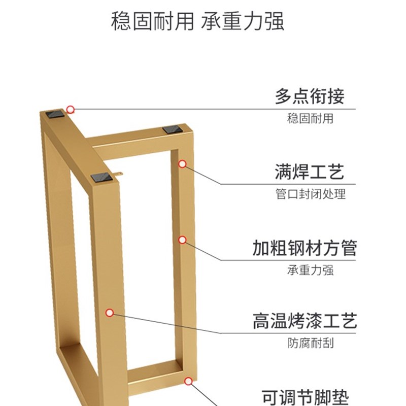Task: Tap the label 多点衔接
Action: pyautogui.click(x=310, y=96)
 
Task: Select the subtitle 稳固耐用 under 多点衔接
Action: pyautogui.click(x=310, y=119)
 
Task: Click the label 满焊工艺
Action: pyautogui.click(x=310, y=172)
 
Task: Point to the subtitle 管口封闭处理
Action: pyautogui.click(x=310, y=194)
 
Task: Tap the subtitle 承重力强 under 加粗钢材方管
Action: pyautogui.click(x=310, y=270)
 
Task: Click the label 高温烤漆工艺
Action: pyautogui.click(x=304, y=321)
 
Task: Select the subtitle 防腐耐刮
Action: pyautogui.click(x=310, y=343)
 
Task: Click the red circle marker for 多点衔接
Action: pyautogui.click(x=71, y=109)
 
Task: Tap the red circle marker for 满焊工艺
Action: pyautogui.click(x=183, y=164)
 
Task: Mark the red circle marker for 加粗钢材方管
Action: pyautogui.click(x=183, y=239)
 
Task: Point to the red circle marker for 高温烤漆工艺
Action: pyautogui.click(x=109, y=313)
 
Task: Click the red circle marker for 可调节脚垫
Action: pyautogui.click(x=188, y=380)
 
